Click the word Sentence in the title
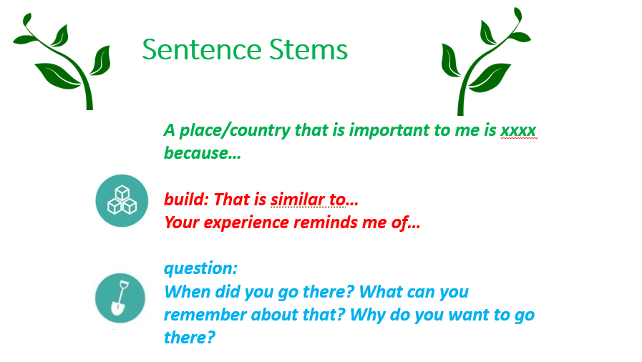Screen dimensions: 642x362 (201, 50)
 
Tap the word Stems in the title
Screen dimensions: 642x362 (308, 50)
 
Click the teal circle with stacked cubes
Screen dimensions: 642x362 (122, 200)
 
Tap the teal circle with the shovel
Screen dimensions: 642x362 (120, 298)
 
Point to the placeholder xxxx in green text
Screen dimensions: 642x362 (518, 130)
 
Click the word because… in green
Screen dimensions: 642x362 (203, 153)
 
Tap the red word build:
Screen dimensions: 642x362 (186, 200)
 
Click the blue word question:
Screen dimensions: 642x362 (200, 269)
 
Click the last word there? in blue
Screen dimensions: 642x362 (189, 338)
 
